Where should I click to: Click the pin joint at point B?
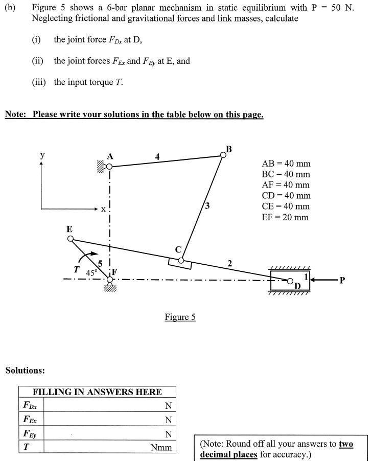coord(223,155)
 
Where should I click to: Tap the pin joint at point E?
coord(71,238)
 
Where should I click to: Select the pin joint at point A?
coord(109,166)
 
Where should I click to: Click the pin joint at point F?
coord(109,279)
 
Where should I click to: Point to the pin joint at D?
coord(290,281)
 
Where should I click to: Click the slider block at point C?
coord(180,262)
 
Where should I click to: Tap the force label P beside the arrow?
coord(342,280)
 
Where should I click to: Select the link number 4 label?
coord(157,156)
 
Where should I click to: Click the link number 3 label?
coord(206,206)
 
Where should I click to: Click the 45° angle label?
coord(91,272)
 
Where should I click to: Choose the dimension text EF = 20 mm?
coord(285,217)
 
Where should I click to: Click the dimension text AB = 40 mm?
coord(286,164)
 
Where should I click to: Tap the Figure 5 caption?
coord(180,317)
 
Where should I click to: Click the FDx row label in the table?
coord(31,405)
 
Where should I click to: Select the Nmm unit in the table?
coord(161,448)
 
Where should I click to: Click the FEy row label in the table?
coord(31,434)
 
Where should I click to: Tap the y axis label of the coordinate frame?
coord(42,155)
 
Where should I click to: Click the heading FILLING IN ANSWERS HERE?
coord(97,392)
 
